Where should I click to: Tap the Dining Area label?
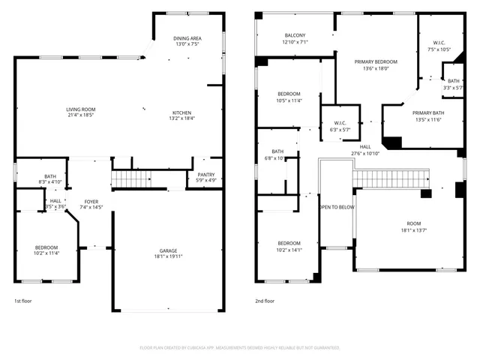coord(186,38)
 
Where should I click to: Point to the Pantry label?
coord(205,175)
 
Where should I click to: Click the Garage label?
coord(168,250)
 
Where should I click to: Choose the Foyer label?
coord(91,201)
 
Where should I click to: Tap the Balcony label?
coord(295,36)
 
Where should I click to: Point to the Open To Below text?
coord(337,207)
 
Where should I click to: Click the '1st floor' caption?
coord(23,301)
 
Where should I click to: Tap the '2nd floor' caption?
coord(265,301)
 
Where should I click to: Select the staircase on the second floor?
coord(390,178)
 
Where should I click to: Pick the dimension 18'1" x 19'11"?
coord(168,256)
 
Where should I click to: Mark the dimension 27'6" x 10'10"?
coord(365,153)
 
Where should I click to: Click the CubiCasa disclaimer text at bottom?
coord(240,348)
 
